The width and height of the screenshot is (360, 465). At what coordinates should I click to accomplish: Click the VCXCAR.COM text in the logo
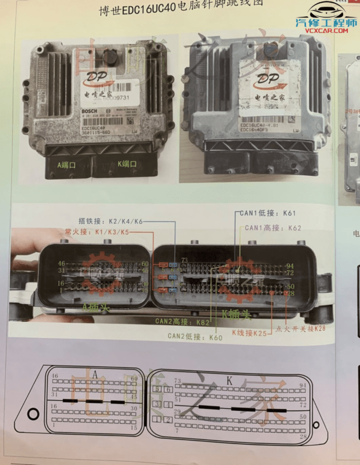[327, 31]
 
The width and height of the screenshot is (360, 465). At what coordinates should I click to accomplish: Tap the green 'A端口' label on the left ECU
[67, 165]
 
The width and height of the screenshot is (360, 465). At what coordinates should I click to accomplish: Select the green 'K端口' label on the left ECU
[127, 164]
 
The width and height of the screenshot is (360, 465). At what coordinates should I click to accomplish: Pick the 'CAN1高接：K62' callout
[273, 228]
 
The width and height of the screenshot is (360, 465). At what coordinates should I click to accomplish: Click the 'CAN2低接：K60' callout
[195, 336]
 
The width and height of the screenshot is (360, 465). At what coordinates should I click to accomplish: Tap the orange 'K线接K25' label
[249, 333]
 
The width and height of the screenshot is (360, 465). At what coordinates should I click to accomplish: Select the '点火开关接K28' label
[301, 328]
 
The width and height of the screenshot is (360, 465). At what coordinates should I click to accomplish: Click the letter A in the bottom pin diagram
[95, 374]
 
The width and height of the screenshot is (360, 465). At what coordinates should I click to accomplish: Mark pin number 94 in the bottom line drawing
[303, 385]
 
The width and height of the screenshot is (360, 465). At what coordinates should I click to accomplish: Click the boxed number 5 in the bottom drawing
[157, 389]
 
